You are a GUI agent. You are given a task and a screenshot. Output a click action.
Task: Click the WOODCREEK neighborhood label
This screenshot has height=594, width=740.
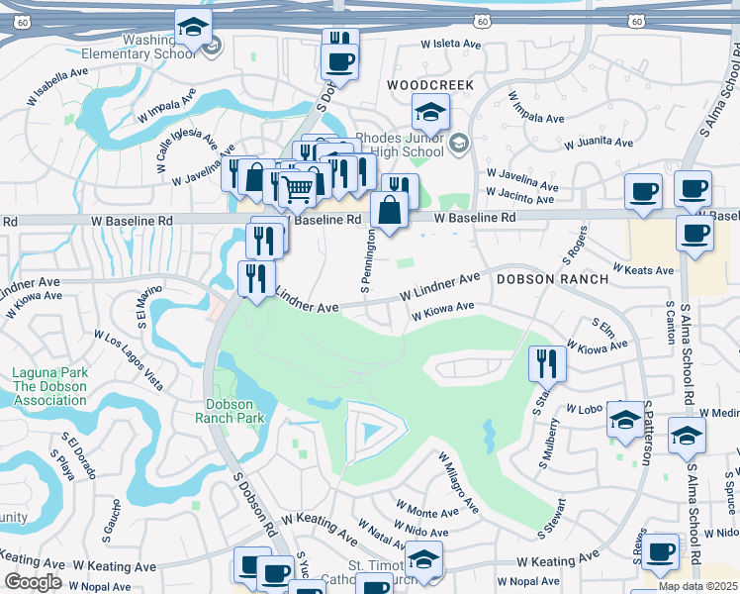pyautogui.click(x=430, y=86)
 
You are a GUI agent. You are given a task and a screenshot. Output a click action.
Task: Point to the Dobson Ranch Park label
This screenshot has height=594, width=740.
pyautogui.click(x=234, y=411)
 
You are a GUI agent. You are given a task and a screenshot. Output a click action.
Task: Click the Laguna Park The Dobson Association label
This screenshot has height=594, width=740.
pyautogui.click(x=50, y=386)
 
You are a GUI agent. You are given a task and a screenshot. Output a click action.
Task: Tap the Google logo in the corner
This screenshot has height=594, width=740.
pyautogui.click(x=33, y=582)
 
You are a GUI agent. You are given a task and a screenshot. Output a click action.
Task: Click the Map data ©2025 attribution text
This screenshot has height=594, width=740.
pyautogui.click(x=697, y=586)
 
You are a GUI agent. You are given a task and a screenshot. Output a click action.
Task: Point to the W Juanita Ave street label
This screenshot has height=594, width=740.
pyautogui.click(x=599, y=143)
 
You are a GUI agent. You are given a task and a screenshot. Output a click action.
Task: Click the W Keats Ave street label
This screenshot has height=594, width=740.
pyautogui.click(x=643, y=269)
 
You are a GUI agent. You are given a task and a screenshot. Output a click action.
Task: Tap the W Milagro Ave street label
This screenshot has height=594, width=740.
pyautogui.click(x=458, y=483)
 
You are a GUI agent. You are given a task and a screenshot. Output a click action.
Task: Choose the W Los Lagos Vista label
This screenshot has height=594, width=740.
pyautogui.click(x=129, y=360)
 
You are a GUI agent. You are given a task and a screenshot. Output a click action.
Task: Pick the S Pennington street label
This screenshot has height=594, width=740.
pyautogui.click(x=369, y=261)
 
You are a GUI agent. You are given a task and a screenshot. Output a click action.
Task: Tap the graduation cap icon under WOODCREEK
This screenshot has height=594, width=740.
pyautogui.click(x=430, y=114)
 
